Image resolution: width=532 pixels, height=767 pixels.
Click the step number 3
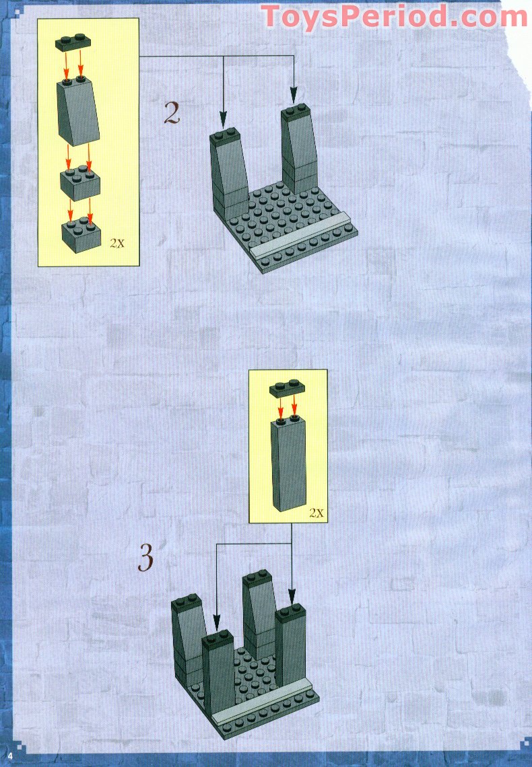146,557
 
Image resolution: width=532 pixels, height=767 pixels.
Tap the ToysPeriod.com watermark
394,16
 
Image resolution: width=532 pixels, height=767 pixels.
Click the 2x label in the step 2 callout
117,243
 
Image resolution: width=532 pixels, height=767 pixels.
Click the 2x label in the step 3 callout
317,513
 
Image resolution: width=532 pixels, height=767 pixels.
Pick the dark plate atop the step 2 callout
73,42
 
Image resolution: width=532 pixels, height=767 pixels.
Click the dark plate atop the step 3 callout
287,389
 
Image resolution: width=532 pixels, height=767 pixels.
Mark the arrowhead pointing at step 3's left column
216,622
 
